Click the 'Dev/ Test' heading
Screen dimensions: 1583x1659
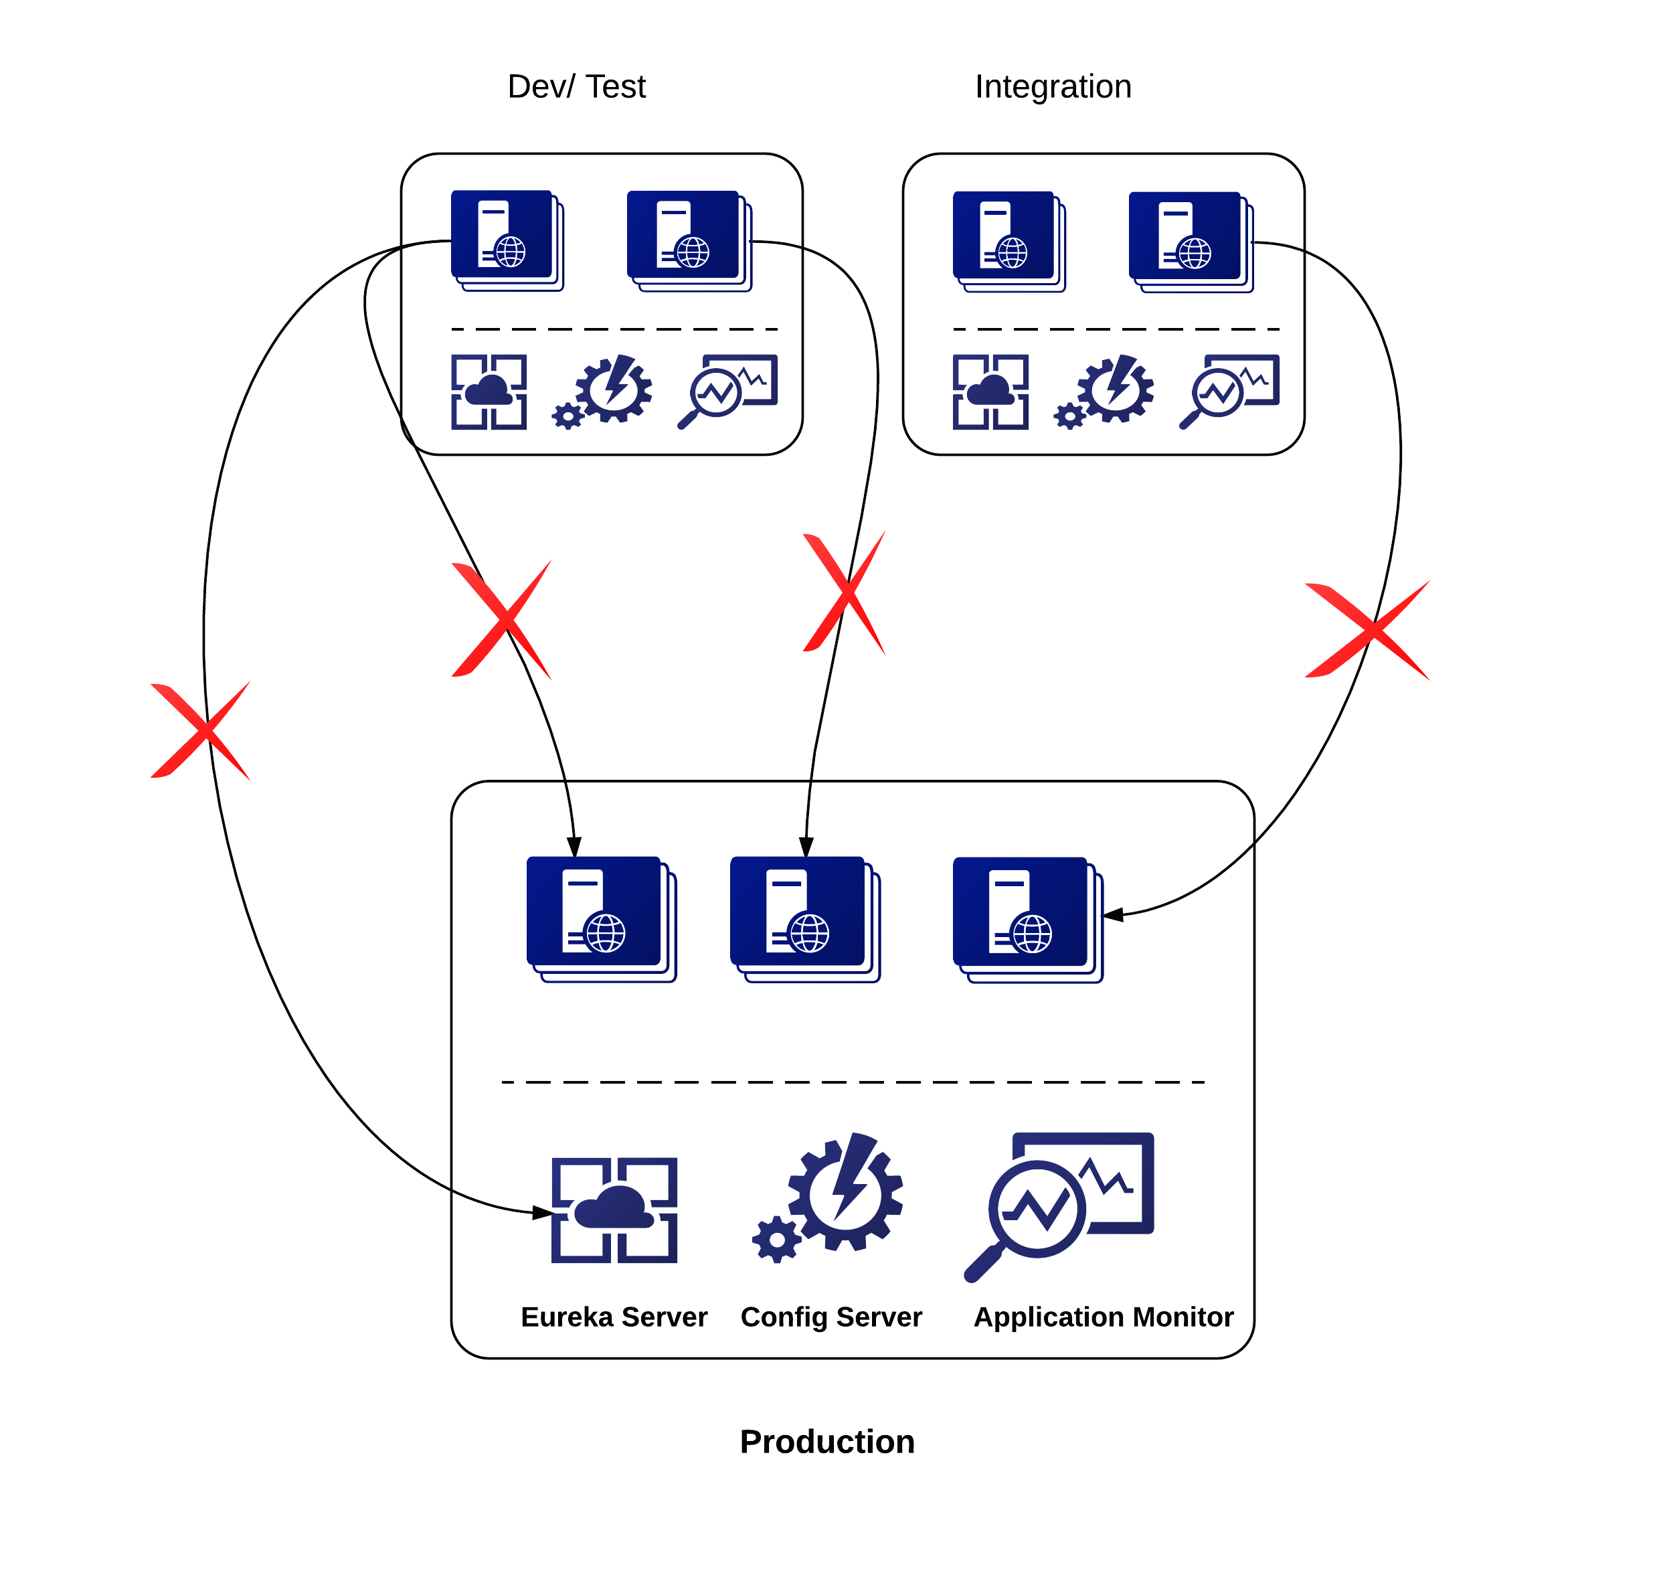[x=576, y=87]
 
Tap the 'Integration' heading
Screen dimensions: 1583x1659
[x=1052, y=87]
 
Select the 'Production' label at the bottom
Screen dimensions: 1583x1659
[x=827, y=1441]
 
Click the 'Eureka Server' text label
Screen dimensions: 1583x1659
[x=614, y=1317]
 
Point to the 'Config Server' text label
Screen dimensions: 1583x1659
[x=831, y=1317]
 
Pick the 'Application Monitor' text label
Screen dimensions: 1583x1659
[x=1103, y=1317]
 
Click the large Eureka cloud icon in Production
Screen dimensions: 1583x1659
[x=614, y=1210]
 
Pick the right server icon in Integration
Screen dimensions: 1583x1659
[x=1190, y=242]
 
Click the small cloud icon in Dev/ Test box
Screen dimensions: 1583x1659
[x=489, y=392]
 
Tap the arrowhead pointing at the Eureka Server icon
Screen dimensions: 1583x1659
[x=543, y=1213]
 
